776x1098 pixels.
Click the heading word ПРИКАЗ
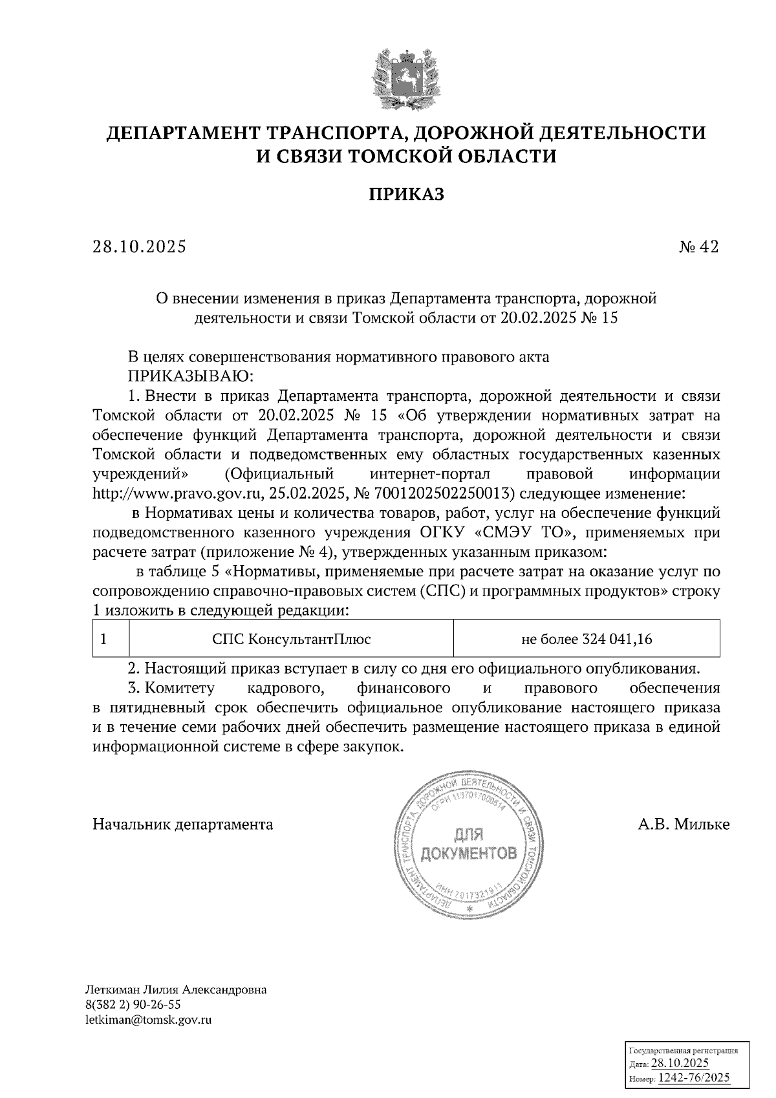(x=406, y=195)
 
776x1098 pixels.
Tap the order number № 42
(x=698, y=247)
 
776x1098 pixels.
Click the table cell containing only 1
(x=103, y=639)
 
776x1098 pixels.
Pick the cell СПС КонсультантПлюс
(x=292, y=639)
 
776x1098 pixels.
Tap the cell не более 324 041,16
(x=587, y=639)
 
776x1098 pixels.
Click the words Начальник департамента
(x=183, y=824)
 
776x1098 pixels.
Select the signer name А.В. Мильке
(x=683, y=824)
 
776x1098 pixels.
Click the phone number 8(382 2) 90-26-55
(x=133, y=1005)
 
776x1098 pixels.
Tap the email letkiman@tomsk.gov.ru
(x=149, y=1020)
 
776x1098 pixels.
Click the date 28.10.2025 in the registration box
(x=680, y=1063)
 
